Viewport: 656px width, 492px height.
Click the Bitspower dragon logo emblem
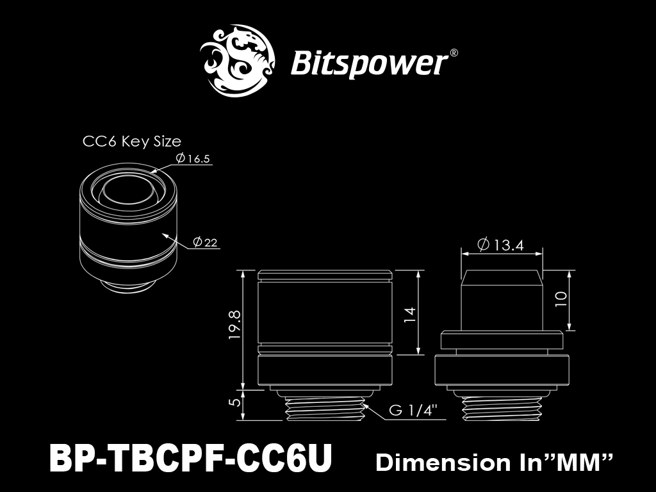(x=237, y=61)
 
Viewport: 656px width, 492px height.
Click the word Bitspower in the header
(x=368, y=63)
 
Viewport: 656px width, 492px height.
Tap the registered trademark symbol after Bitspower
(x=453, y=53)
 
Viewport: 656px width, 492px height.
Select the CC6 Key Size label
(x=132, y=142)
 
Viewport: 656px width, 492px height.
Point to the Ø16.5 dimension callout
(x=193, y=158)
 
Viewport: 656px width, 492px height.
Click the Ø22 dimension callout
(x=205, y=242)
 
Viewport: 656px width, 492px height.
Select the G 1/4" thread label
(x=413, y=410)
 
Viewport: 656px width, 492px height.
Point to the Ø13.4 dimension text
(x=500, y=244)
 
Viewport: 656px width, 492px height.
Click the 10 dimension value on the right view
(x=561, y=299)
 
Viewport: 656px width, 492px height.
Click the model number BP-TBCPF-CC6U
(x=191, y=458)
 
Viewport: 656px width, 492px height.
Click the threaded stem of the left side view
(x=325, y=409)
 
